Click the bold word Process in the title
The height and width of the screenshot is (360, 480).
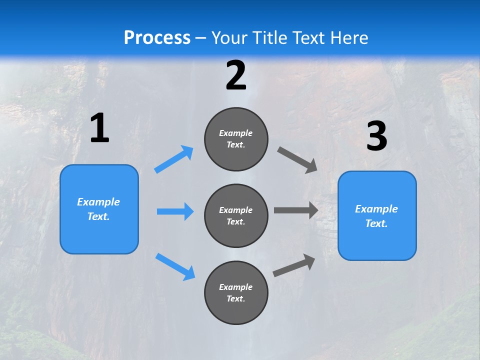[157, 37]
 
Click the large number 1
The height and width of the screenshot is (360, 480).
[99, 128]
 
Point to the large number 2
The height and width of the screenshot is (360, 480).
[236, 75]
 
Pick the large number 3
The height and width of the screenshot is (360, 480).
[376, 136]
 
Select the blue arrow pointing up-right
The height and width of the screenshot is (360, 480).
[174, 159]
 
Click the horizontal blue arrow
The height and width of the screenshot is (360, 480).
[175, 211]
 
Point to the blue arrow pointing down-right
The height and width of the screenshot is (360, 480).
[175, 266]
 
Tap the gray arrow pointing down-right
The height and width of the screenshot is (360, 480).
[297, 159]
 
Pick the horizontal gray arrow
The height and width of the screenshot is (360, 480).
[295, 210]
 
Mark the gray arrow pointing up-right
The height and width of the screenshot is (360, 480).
[294, 265]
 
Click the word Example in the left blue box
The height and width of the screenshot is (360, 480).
[98, 202]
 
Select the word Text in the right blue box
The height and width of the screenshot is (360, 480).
[375, 223]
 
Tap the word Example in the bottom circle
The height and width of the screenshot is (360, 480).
[236, 287]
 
